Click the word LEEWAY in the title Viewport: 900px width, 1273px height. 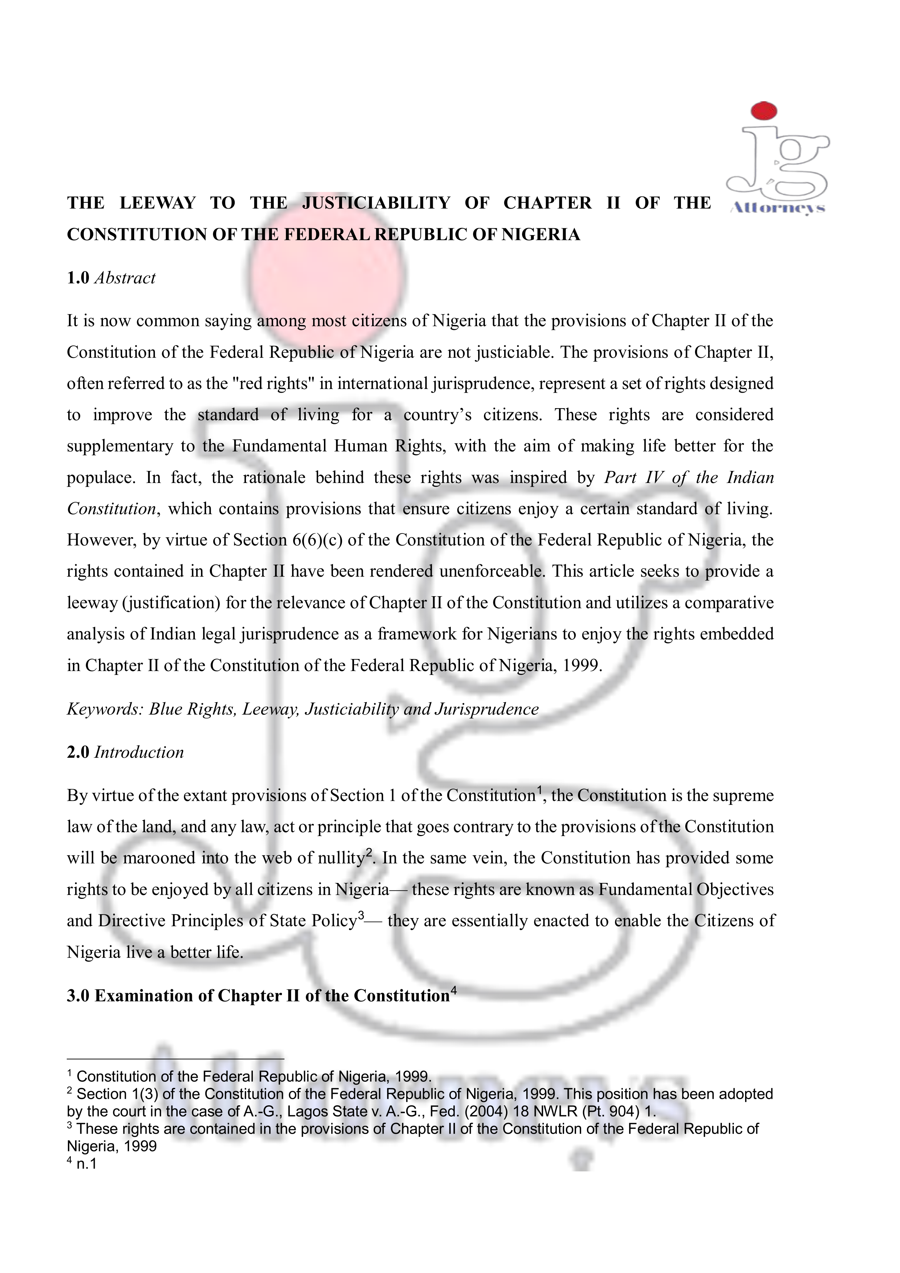[x=157, y=203]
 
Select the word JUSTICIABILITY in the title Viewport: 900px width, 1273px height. [x=376, y=203]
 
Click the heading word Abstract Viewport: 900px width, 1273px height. [x=125, y=278]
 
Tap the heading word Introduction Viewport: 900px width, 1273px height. [x=139, y=752]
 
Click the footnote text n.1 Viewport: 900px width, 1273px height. [x=86, y=1164]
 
